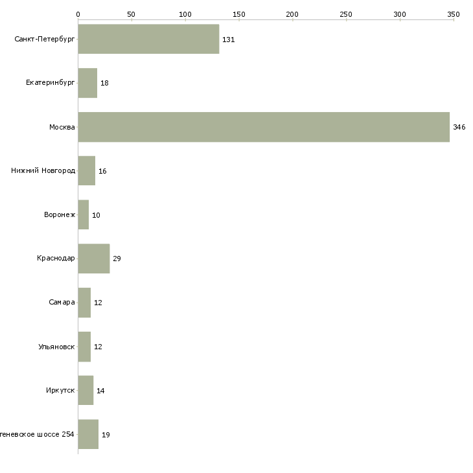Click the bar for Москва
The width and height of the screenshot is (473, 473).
[264, 127]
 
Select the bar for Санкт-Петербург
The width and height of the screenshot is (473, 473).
[148, 39]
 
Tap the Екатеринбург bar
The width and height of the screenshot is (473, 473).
[87, 83]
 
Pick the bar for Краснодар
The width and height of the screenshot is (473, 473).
[94, 259]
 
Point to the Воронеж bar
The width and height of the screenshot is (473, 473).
[83, 214]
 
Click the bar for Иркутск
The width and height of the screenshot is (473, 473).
[86, 390]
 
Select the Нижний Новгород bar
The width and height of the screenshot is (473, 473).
[86, 171]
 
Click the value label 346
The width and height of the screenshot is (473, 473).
[459, 127]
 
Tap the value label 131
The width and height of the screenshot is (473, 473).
[228, 40]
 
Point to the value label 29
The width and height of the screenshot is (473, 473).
[117, 259]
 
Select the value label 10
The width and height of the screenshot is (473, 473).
[96, 215]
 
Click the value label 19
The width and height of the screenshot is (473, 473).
[106, 434]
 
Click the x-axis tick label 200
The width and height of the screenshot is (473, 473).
[292, 14]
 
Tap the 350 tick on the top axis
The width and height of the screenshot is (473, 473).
[453, 14]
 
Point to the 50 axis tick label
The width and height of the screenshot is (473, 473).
[132, 14]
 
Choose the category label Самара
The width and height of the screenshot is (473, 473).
[62, 303]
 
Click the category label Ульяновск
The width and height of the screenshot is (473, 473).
[56, 347]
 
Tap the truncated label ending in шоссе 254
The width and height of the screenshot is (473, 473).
[37, 434]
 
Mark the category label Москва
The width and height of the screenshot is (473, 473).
[62, 127]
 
